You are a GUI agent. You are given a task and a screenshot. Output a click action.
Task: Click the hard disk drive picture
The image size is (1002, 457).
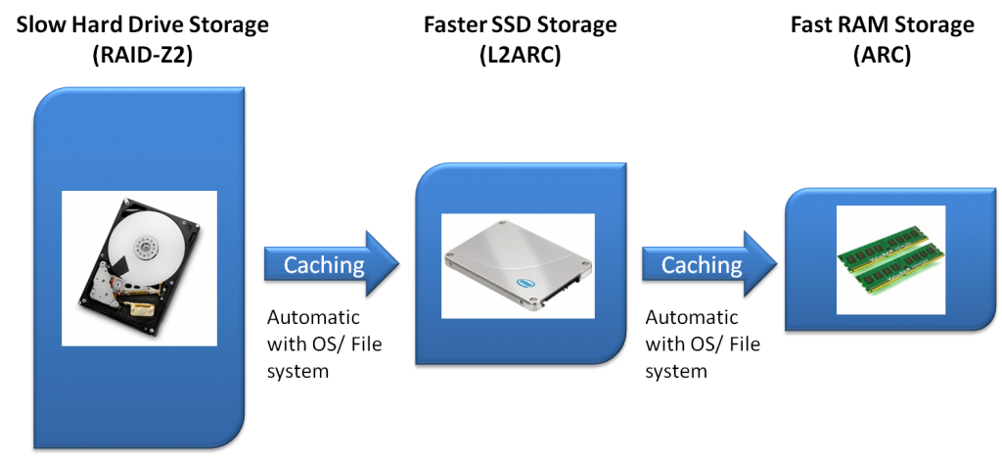click(139, 266)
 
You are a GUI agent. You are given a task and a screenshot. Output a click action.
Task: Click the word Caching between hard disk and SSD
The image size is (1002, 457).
click(323, 264)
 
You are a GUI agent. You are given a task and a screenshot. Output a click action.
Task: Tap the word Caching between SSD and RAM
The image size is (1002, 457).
click(701, 264)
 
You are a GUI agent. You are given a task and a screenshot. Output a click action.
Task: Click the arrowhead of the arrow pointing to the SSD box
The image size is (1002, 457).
click(383, 264)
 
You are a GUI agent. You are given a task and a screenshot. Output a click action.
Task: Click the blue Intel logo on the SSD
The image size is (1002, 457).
click(528, 282)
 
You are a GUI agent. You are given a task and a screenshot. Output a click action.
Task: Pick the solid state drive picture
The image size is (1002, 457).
click(517, 265)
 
